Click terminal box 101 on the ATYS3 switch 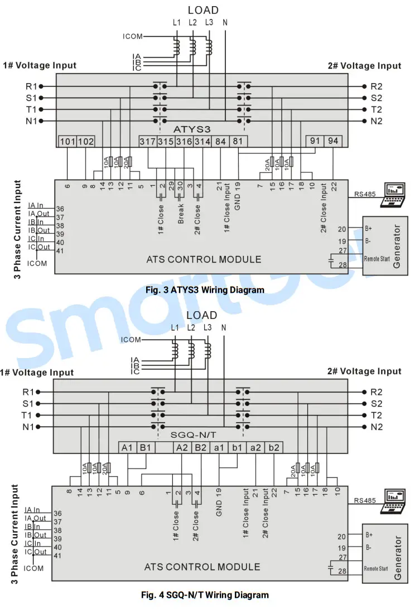tap(67, 142)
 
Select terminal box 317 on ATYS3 tap(148, 142)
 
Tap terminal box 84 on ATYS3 tap(220, 142)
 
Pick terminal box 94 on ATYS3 tap(332, 141)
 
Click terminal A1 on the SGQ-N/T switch tap(127, 447)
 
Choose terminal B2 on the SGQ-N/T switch tap(200, 447)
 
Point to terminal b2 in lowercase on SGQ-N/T tap(274, 447)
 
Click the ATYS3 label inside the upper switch tap(192, 129)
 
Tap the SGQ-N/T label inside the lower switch tap(193, 435)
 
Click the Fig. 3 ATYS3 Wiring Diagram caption tap(205, 290)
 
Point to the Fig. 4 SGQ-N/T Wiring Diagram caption tap(205, 595)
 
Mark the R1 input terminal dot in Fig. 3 tap(41, 86)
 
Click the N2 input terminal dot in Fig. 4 tap(364, 427)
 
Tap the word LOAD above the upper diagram tap(203, 10)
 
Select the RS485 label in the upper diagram tap(365, 194)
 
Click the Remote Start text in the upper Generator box tap(377, 259)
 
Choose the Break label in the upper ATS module tap(181, 214)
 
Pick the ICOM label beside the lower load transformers tap(131, 340)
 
